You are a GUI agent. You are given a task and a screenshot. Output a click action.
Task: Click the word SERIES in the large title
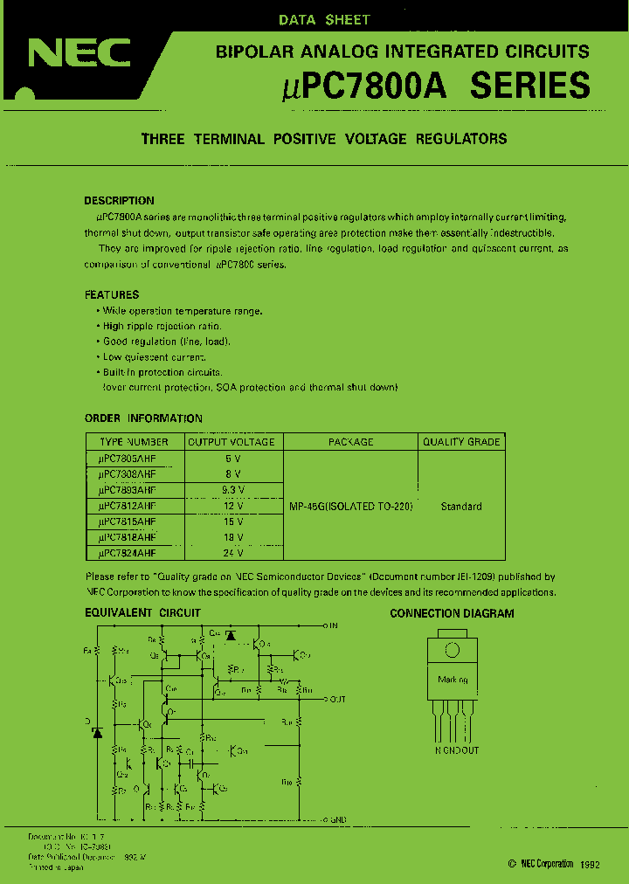tap(530, 86)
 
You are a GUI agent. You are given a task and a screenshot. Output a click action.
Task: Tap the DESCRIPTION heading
tap(119, 201)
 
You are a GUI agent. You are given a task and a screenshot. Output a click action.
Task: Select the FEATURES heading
tap(112, 295)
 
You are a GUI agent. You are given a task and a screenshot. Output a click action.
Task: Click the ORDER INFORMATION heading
tap(143, 418)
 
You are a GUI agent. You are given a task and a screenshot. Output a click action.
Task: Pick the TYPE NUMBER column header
tap(134, 442)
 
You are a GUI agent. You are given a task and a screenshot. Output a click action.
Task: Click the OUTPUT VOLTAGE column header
tap(232, 442)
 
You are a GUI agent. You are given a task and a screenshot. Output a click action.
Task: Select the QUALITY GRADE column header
tap(461, 442)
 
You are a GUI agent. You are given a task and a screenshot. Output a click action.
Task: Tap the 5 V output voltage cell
tap(232, 458)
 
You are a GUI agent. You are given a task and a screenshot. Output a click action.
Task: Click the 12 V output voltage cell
tap(232, 506)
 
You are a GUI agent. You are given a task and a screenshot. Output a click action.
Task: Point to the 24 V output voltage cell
tap(232, 553)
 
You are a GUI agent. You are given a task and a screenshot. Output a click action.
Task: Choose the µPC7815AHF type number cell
tap(134, 521)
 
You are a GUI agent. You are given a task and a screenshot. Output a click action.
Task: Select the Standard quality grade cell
tap(461, 507)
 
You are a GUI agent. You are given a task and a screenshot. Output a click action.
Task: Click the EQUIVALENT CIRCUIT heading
tap(142, 613)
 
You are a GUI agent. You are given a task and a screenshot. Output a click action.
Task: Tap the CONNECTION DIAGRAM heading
tap(452, 613)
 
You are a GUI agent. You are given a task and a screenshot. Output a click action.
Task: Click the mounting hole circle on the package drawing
tap(453, 650)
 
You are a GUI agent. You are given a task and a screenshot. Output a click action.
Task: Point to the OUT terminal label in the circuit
tap(338, 699)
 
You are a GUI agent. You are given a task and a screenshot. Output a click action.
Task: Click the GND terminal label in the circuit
tap(339, 819)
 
